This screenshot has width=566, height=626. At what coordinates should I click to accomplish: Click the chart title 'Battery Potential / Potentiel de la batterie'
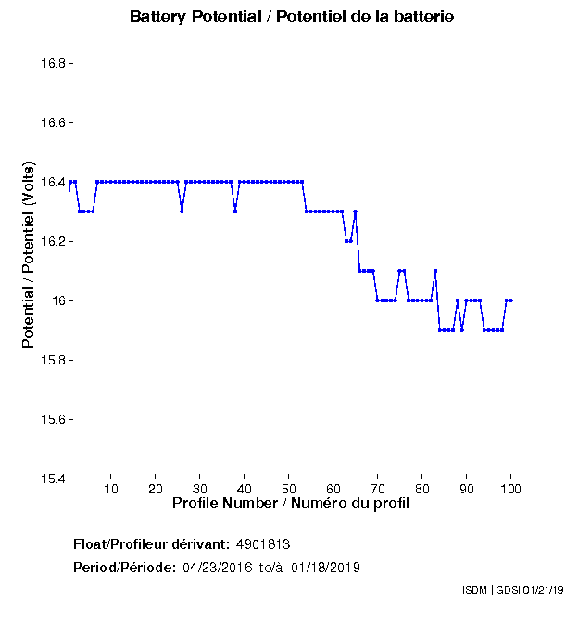(292, 17)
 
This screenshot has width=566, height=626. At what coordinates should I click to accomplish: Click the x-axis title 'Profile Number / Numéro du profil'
(291, 504)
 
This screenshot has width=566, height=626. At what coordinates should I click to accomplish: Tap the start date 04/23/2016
(217, 568)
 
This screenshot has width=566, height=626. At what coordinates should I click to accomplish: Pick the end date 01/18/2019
(325, 568)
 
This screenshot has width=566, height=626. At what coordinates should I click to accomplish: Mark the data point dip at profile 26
(182, 211)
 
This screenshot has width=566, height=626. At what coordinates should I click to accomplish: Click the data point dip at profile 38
(235, 211)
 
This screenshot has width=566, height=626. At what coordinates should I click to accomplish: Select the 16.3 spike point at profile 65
(355, 211)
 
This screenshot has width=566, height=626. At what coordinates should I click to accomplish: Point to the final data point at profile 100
(510, 300)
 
